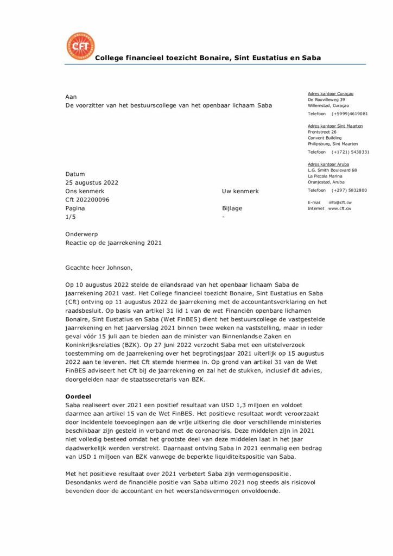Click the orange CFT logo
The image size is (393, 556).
click(80, 47)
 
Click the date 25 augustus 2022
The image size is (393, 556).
click(92, 182)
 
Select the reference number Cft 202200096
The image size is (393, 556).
click(87, 200)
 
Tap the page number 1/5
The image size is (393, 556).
click(71, 217)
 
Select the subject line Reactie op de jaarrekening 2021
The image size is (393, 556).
click(113, 243)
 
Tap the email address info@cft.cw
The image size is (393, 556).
click(340, 203)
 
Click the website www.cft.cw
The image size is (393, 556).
click(340, 208)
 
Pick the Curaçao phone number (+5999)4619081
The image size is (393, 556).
click(350, 114)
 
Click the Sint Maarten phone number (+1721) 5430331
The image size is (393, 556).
click(351, 152)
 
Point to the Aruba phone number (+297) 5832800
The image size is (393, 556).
click(349, 190)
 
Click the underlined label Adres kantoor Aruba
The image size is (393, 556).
click(328, 164)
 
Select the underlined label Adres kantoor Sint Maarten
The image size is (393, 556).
click(335, 126)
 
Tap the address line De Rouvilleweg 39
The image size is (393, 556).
click(326, 100)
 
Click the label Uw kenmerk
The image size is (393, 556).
click(240, 191)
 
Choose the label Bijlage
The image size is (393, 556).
click(232, 208)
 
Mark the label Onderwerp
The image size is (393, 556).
click(81, 234)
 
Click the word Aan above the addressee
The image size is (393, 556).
click(71, 96)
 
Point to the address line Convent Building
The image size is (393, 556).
click(325, 138)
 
